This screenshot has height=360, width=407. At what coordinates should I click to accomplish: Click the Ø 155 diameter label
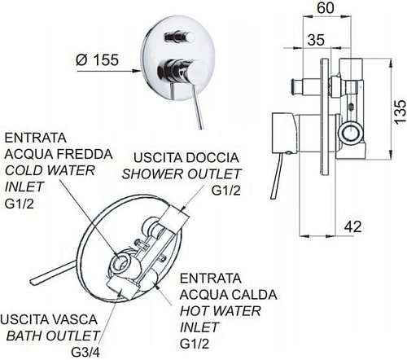(x=97, y=59)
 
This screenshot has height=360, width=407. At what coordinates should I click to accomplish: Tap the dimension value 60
(x=326, y=7)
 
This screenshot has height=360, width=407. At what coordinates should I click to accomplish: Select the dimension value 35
(x=316, y=40)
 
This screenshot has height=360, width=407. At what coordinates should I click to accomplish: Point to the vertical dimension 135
(x=400, y=112)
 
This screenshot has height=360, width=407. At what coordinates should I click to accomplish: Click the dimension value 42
(x=353, y=226)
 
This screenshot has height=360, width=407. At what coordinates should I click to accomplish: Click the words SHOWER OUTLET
(x=182, y=174)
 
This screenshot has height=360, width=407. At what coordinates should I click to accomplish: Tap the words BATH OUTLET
(x=53, y=336)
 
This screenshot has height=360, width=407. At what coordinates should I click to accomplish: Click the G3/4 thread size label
(x=85, y=353)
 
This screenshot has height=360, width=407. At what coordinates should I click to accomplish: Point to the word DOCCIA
(x=212, y=158)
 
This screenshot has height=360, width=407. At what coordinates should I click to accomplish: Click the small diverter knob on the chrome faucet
(x=180, y=37)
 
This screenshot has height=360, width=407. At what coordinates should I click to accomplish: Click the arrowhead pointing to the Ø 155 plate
(x=136, y=71)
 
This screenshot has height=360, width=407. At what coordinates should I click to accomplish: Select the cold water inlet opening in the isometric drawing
(x=120, y=262)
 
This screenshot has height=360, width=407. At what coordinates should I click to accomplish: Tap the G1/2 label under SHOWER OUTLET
(x=226, y=191)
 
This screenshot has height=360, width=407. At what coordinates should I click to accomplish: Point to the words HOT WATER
(x=220, y=311)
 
